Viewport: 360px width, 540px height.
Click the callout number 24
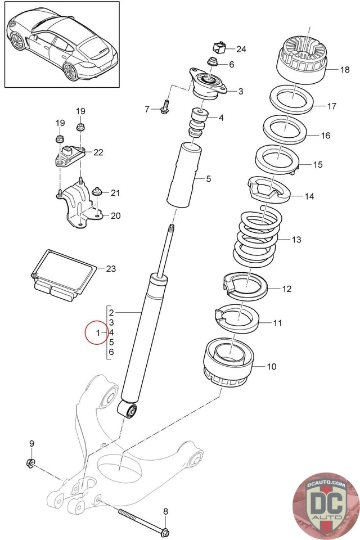[241, 49]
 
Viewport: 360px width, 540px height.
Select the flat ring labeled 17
[293, 99]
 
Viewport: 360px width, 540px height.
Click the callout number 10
[271, 367]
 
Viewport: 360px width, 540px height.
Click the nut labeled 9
[31, 463]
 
